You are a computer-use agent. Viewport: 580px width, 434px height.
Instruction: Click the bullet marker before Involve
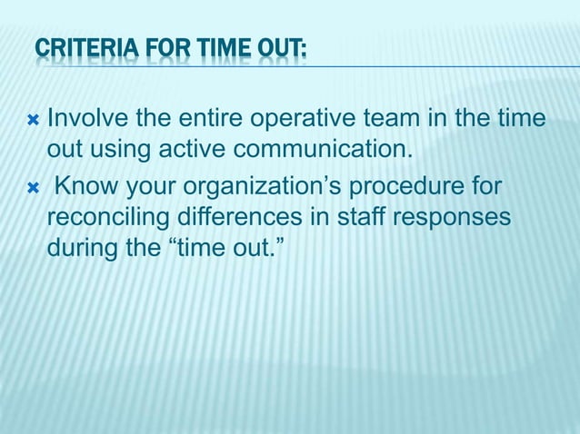(x=31, y=118)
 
